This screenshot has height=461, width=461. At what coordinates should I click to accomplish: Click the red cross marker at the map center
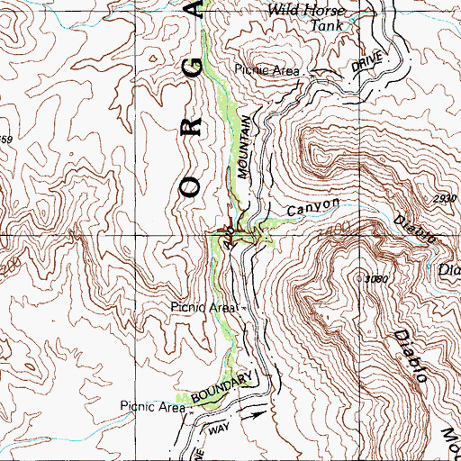[x=230, y=230]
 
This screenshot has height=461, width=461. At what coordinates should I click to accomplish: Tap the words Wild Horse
[x=307, y=11]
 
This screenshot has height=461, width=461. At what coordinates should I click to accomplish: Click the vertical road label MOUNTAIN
[x=246, y=149]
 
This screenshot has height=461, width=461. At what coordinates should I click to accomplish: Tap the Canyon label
[x=313, y=208]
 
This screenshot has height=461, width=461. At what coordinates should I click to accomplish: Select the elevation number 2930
[x=442, y=199]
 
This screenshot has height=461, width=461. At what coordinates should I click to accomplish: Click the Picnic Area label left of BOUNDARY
[x=150, y=406]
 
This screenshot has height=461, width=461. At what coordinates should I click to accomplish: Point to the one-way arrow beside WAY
[x=258, y=414]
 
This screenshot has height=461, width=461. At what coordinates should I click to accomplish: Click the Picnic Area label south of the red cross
[x=203, y=308]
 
